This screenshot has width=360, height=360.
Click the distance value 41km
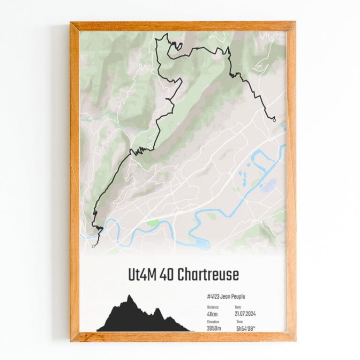[x=212, y=314]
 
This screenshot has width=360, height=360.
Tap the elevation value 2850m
[x=214, y=328]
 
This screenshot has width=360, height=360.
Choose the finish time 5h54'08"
[x=249, y=329]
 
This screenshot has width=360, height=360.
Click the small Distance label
[x=212, y=307]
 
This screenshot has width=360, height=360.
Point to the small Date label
[x=238, y=307]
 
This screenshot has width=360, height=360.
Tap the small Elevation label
[x=213, y=322]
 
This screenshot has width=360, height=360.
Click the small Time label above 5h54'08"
[x=240, y=322]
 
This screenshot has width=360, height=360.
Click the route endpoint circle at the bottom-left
[x=94, y=245]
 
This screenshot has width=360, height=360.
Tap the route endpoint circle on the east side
[x=274, y=120]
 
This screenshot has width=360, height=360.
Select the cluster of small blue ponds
[x=243, y=178]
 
